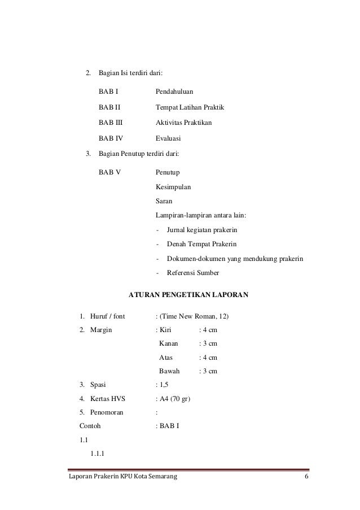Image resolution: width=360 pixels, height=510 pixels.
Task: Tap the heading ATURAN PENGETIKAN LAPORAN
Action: pos(188,294)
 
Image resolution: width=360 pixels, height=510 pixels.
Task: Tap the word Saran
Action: pos(164,200)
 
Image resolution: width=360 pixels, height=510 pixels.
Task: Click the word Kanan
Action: pos(169,343)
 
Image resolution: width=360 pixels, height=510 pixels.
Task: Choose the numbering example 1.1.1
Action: pos(97,453)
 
